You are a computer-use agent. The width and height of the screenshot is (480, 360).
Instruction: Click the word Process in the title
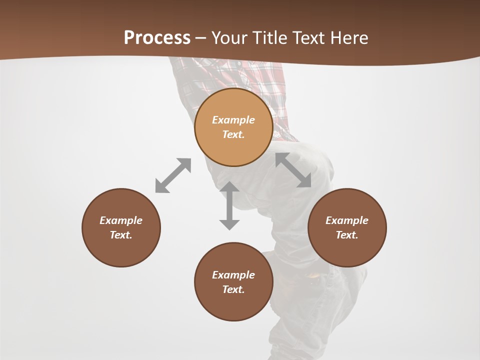click(x=157, y=38)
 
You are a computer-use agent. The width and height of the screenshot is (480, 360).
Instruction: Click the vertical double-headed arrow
click(x=229, y=205)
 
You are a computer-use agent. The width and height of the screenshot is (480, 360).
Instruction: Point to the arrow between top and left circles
click(x=173, y=175)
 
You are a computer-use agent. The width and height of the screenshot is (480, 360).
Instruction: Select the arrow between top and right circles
click(x=293, y=170)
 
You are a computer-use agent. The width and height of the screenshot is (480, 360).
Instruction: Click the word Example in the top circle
click(x=233, y=120)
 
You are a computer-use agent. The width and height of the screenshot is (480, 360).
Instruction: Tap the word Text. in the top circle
click(x=233, y=134)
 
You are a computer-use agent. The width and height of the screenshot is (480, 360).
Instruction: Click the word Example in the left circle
click(x=121, y=220)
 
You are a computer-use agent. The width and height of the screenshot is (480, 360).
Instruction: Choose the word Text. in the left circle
click(x=121, y=235)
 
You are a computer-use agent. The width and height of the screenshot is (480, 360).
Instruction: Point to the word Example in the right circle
click(x=347, y=220)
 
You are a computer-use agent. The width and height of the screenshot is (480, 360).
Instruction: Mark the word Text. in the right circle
click(x=347, y=235)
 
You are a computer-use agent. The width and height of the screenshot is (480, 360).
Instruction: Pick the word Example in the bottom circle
click(x=233, y=275)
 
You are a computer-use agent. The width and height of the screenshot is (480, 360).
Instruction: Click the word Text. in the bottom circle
click(x=233, y=289)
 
